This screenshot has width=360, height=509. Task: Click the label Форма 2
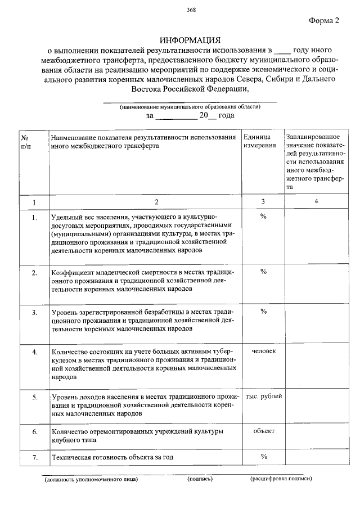325,21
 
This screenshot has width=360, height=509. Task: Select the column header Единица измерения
259,141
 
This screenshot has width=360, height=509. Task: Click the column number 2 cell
157,202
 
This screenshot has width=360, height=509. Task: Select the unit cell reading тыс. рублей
263,397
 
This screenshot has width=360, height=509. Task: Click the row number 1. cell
34,217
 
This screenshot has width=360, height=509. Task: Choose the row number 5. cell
34,397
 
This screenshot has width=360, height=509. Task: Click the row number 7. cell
34,457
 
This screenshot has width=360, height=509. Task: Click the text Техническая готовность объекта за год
112,457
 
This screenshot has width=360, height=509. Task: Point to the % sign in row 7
263,456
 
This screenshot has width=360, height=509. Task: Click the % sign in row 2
263,272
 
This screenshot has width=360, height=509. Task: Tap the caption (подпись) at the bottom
200,479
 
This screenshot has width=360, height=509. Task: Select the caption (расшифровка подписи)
281,479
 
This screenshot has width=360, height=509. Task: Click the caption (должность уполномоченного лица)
91,479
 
